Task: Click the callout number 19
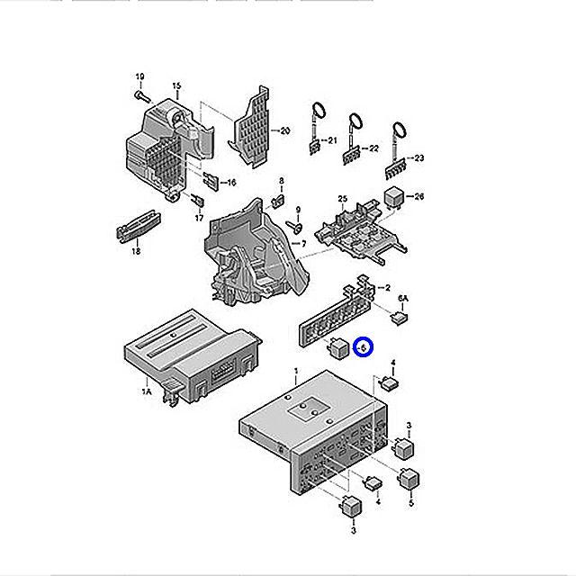139,75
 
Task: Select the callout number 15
176,86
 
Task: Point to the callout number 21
330,139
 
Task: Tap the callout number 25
342,198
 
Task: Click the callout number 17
199,217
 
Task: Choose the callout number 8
281,181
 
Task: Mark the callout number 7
303,244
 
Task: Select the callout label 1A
147,391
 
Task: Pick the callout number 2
387,288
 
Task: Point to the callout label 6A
403,298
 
